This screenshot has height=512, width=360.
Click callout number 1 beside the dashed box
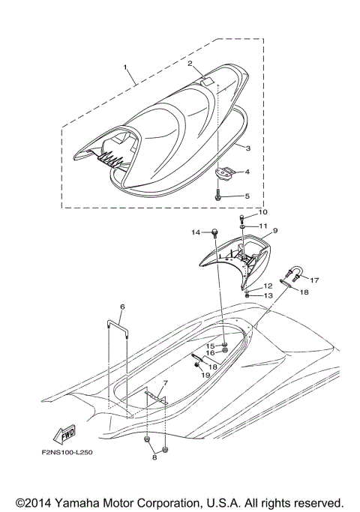pos(126,67)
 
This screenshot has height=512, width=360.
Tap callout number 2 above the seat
pos(190,64)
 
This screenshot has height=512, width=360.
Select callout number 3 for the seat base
pos(248,148)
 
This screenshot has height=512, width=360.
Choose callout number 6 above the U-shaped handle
pos(122,307)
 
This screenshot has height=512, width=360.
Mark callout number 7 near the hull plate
pos(165,383)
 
